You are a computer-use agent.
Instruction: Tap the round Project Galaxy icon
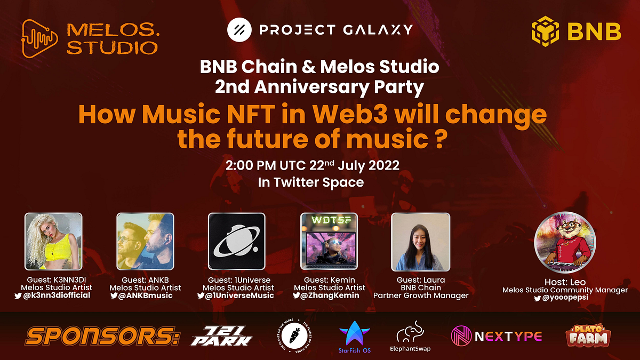click(239, 29)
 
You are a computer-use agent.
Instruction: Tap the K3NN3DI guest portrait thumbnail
click(54, 242)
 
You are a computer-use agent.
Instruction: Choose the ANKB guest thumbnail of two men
click(145, 242)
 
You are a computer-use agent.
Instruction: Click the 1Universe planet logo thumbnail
click(236, 242)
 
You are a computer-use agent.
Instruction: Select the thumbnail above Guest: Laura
click(420, 242)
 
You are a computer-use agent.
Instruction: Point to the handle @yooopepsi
click(569, 298)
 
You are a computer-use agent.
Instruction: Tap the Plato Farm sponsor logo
click(588, 335)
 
